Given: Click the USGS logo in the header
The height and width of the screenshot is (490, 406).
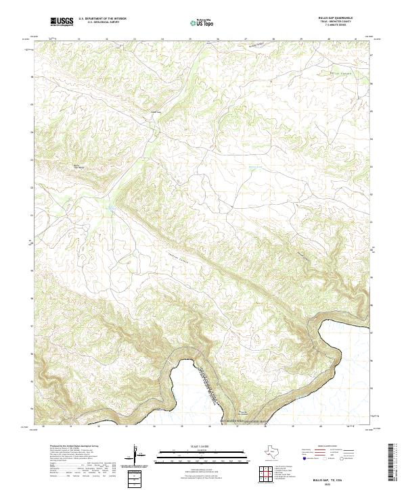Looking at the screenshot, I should coord(62,22).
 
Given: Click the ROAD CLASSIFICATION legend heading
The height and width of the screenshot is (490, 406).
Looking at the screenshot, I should coord(330,447).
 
